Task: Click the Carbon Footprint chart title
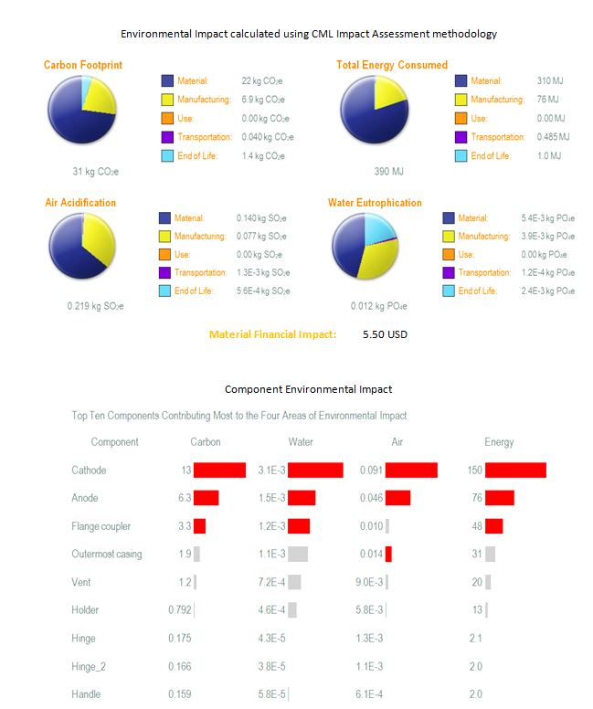click(83, 65)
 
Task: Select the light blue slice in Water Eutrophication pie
click(378, 228)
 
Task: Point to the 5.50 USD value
click(385, 334)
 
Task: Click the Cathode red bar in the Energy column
click(515, 471)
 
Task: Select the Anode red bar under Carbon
click(206, 498)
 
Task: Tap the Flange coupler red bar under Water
click(299, 526)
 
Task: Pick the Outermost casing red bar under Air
click(388, 554)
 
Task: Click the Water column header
click(301, 442)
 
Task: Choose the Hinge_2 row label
click(89, 666)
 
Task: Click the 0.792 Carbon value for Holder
click(180, 610)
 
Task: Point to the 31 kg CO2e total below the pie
click(95, 172)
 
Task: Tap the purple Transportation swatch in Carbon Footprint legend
click(167, 137)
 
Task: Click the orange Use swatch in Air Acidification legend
click(164, 255)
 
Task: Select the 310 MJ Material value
click(550, 81)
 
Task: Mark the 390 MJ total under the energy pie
click(388, 172)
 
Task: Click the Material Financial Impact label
click(273, 334)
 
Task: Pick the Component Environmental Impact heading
click(309, 389)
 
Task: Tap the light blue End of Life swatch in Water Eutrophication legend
click(449, 291)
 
